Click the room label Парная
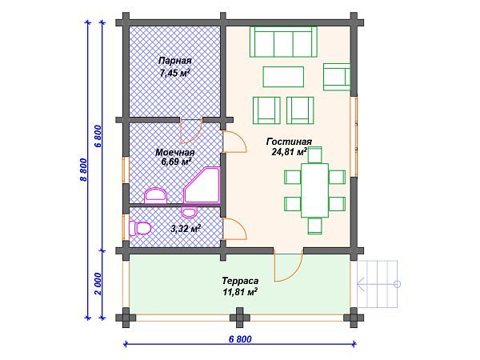click(x=174, y=61)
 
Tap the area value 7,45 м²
click(x=174, y=73)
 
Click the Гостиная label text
click(x=285, y=141)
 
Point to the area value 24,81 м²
click(x=290, y=151)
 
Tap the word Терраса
click(x=240, y=282)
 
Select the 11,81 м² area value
click(x=240, y=294)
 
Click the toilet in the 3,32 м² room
click(x=141, y=229)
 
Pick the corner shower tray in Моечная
click(x=203, y=186)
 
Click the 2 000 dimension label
click(x=98, y=285)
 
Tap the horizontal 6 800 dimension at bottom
click(x=238, y=339)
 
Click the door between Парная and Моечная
click(x=190, y=130)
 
